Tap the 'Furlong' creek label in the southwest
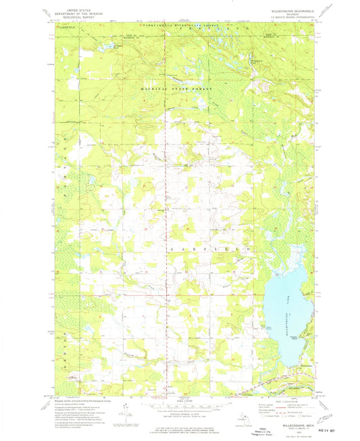(x=122, y=352)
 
